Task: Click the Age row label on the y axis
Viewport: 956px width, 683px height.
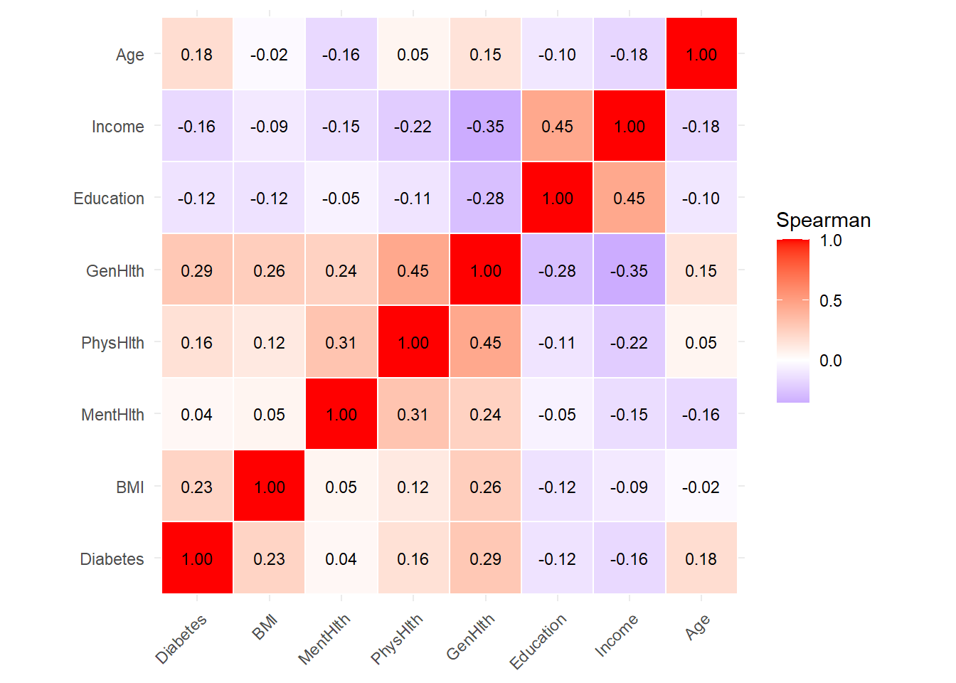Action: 129,55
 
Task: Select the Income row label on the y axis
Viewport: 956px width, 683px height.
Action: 117,127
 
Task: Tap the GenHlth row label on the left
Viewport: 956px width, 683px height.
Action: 115,271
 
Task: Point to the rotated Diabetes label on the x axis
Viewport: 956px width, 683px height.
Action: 181,638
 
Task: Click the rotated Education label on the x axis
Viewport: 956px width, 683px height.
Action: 538,640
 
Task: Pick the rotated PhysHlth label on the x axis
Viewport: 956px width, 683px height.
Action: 397,638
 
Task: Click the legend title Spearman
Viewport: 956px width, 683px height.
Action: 823,221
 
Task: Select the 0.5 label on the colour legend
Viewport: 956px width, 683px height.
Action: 830,301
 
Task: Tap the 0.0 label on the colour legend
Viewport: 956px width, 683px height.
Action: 830,361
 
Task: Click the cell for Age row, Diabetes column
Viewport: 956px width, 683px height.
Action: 197,55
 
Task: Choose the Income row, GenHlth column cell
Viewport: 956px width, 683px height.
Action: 485,127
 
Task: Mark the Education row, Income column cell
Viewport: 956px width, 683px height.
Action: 630,198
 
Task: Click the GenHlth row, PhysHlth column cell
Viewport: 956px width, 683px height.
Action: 413,271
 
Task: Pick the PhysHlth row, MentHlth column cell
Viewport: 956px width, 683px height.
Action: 341,343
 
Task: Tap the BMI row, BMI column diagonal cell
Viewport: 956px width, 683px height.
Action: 270,487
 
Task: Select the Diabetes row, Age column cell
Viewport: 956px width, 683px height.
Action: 701,559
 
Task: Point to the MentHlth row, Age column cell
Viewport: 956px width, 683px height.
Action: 701,415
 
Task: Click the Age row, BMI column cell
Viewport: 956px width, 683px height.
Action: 270,55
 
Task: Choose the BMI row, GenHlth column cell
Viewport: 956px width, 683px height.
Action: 485,487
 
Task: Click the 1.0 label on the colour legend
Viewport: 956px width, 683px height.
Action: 830,240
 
